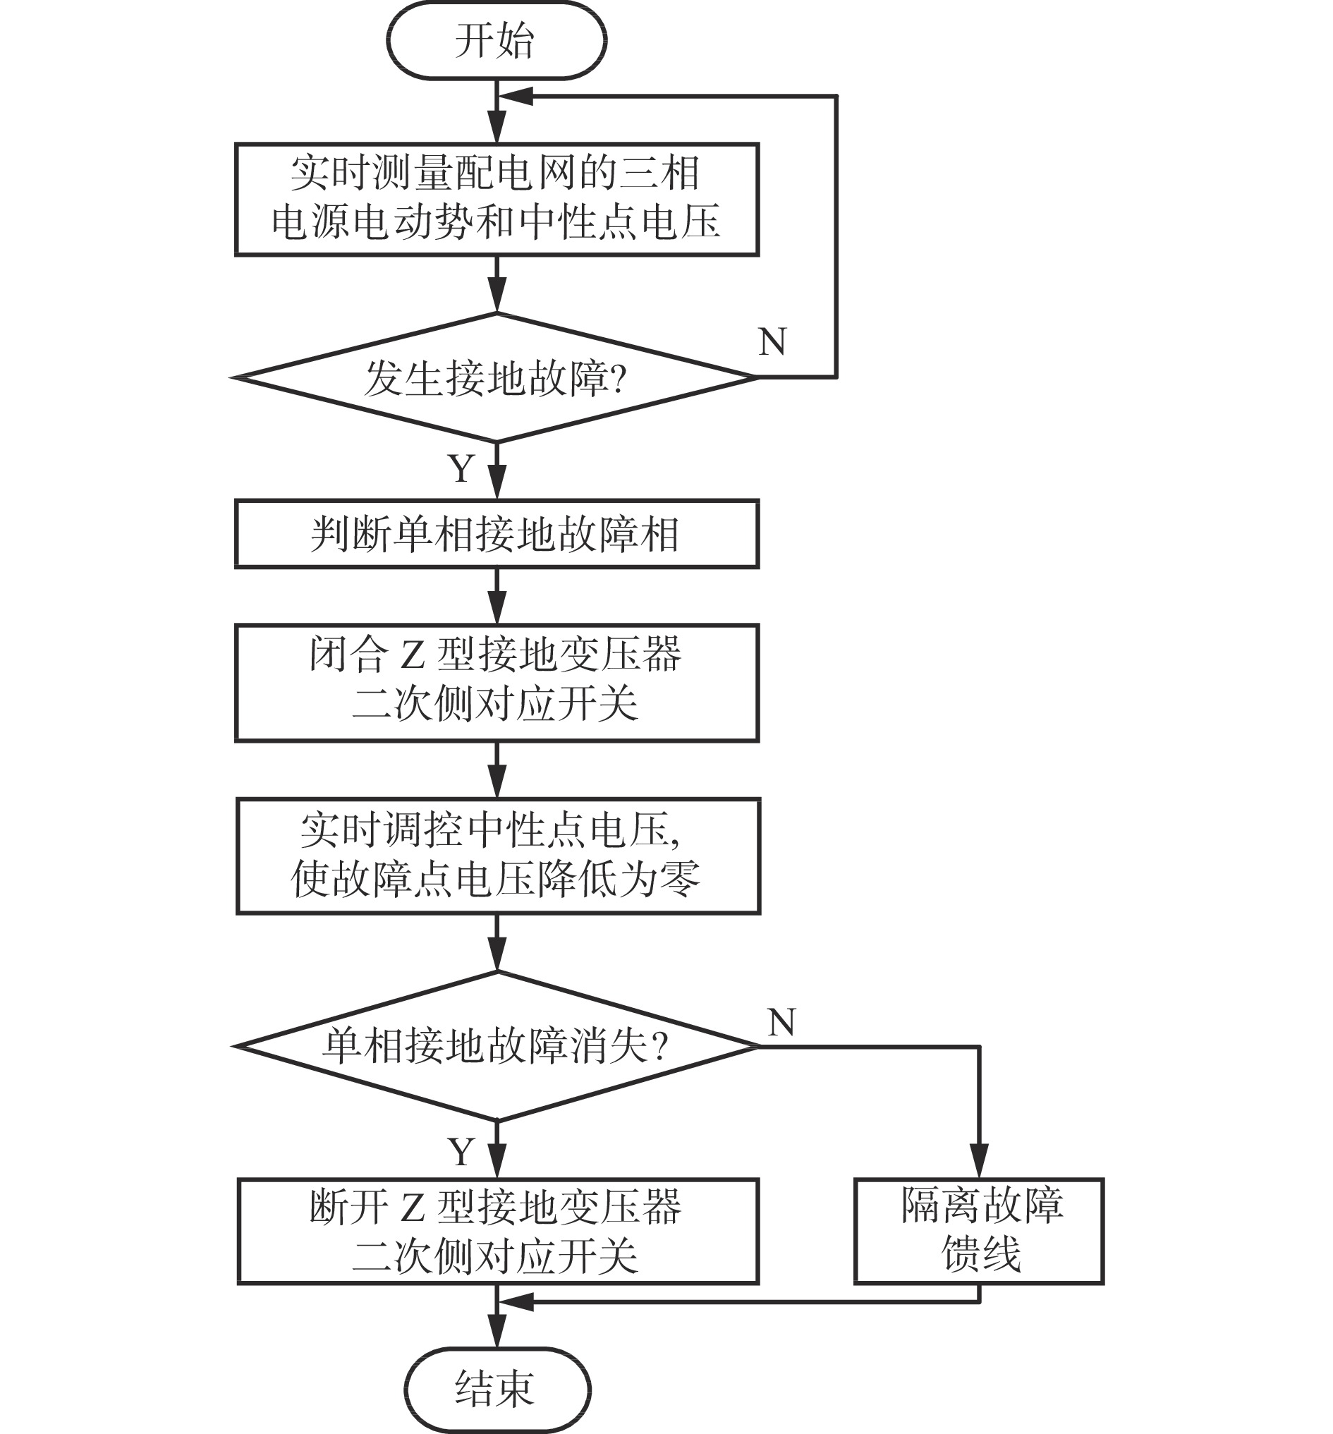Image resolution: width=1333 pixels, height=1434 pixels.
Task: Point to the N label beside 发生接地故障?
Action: [772, 341]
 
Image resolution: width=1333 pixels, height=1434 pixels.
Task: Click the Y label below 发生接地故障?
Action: [462, 469]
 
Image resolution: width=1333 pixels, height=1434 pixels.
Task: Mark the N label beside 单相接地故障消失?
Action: [782, 1022]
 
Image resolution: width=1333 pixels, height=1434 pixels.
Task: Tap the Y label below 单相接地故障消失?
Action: [462, 1151]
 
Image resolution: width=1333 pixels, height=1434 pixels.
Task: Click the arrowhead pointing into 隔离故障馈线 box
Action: [979, 1160]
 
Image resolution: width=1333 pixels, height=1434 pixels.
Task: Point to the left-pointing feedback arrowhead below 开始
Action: [516, 96]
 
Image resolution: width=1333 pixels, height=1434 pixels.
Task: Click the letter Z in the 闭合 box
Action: [413, 656]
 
